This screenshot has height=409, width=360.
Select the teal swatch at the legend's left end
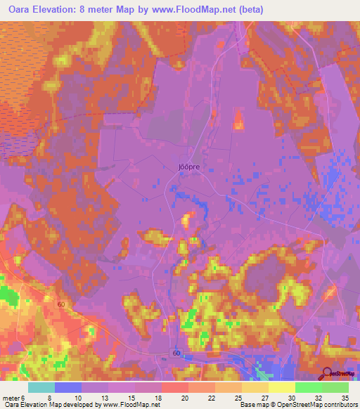41,387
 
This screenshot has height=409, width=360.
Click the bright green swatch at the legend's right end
335,387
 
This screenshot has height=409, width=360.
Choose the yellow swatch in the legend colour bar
281,387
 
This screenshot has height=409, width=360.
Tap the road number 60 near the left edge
62,304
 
